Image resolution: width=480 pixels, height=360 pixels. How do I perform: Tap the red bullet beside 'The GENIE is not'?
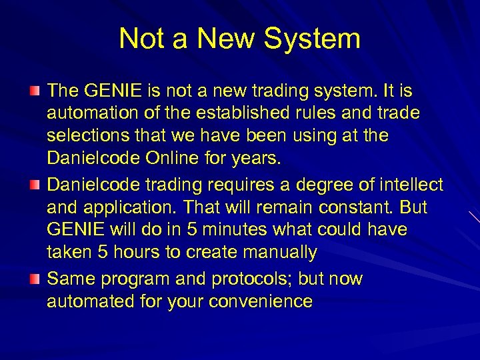click(35, 90)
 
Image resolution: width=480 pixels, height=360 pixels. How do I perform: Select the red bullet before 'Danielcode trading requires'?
click(35, 183)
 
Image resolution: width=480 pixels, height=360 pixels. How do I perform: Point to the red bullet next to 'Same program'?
click(35, 275)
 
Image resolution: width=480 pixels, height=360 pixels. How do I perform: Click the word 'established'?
click(221, 113)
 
